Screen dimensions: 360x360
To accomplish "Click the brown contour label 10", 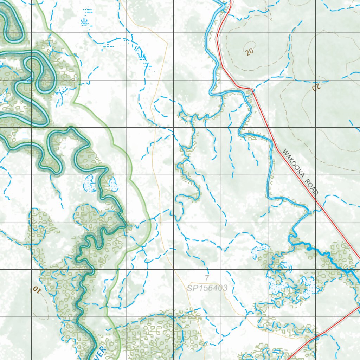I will pyautogui.click(x=37, y=289).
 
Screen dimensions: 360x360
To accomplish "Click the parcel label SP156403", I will pyautogui.click(x=207, y=288).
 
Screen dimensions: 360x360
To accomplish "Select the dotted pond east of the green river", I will pyautogui.click(x=113, y=184).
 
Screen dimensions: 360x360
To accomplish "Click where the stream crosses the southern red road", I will pyautogui.click(x=315, y=337).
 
